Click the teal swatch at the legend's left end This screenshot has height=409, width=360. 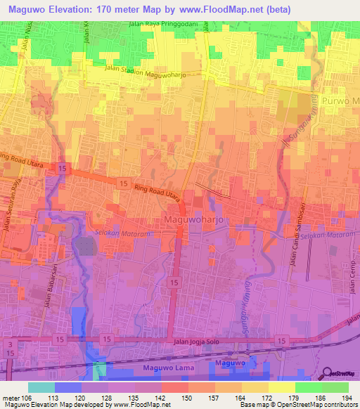(41, 387)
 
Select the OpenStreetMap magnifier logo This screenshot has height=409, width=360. (325, 373)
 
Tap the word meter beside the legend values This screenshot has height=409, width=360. (10, 397)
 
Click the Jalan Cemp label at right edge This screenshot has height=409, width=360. (352, 278)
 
